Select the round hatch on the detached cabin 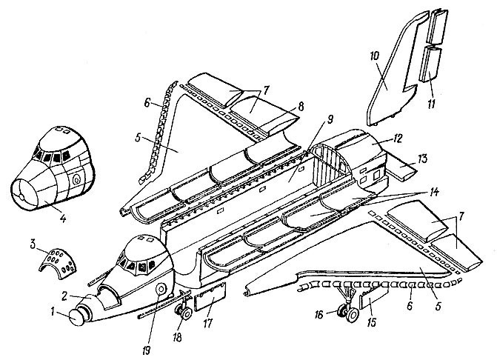point(76,179)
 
